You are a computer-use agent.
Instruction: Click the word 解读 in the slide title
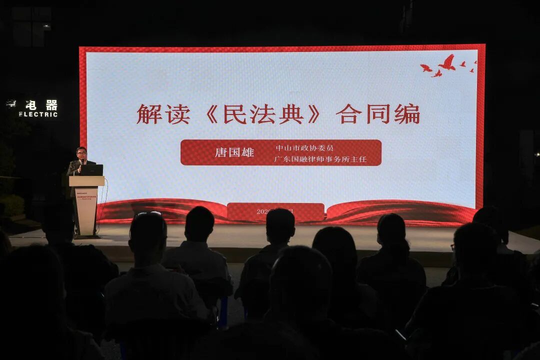tap(163, 114)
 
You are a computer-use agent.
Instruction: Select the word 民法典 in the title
tap(263, 114)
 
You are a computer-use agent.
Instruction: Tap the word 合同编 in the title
tap(378, 114)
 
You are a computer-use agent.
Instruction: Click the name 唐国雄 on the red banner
tap(234, 152)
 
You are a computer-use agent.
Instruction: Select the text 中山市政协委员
tap(304, 148)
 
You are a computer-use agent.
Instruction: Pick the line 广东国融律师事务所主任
tap(320, 159)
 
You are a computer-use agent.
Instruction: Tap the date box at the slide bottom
tap(275, 211)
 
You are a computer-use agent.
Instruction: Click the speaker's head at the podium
tap(81, 152)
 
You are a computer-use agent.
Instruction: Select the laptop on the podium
tap(92, 170)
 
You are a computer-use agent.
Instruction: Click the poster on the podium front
tap(86, 210)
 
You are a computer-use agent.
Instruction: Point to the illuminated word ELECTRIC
tap(38, 114)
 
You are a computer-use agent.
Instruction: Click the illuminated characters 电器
tap(41, 105)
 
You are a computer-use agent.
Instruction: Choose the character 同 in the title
tap(378, 114)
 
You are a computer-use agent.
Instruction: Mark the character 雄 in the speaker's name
tap(247, 152)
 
